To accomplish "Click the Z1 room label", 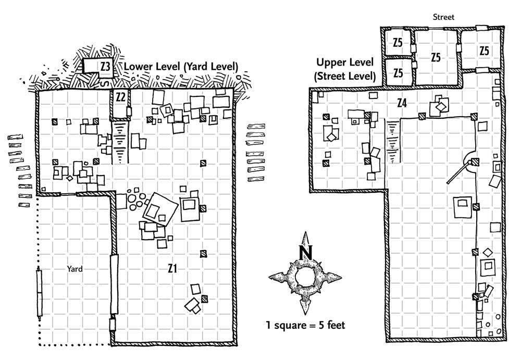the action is [x=172, y=268].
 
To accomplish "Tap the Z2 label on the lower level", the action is [x=120, y=97].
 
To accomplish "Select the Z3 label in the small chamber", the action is [x=105, y=67].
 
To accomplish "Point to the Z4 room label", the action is [x=402, y=103].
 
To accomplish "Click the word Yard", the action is [x=75, y=269].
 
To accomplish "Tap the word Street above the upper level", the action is [x=443, y=17].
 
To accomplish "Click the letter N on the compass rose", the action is [x=306, y=253].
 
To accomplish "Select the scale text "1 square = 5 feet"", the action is [x=305, y=325].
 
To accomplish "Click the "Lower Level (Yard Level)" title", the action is [x=181, y=67].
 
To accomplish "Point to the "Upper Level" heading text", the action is [x=345, y=63].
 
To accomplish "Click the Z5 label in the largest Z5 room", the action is [x=436, y=57].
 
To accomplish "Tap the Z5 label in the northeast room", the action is [x=484, y=51].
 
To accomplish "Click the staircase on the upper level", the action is [x=393, y=141].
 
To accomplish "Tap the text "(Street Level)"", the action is [x=345, y=77].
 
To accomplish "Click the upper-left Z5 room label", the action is [x=398, y=43].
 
